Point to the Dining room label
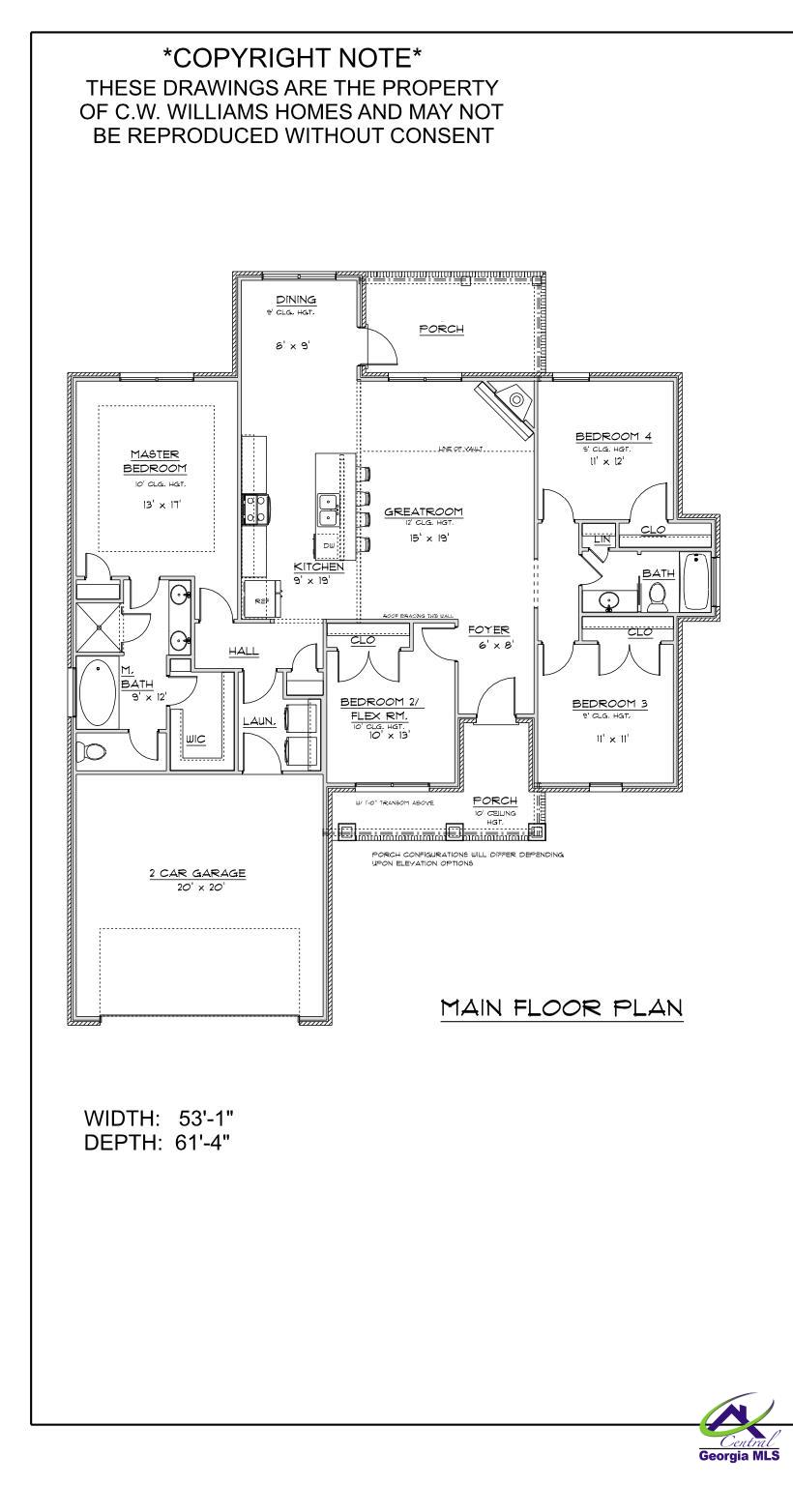click(x=296, y=300)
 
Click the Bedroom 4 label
click(x=613, y=436)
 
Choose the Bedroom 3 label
click(x=609, y=703)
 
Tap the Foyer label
click(x=488, y=629)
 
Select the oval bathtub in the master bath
click(x=97, y=692)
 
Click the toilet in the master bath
click(x=94, y=751)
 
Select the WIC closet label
click(x=196, y=740)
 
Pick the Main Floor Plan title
click(x=562, y=1008)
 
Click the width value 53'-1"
click(x=206, y=1119)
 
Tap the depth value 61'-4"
click(x=206, y=1142)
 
